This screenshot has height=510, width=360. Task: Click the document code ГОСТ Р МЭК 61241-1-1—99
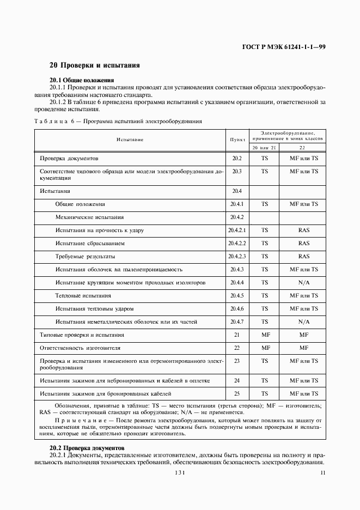pos(284,47)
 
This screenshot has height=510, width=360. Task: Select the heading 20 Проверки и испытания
pos(95,65)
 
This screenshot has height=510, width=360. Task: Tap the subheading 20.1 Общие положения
pos(82,80)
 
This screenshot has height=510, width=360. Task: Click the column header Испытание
pos(130,139)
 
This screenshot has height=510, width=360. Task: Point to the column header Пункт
pos(237,139)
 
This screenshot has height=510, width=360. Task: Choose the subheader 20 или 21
pos(264,148)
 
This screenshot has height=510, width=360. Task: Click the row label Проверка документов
pos(69,159)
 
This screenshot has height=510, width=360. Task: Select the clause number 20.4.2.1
pos(237,230)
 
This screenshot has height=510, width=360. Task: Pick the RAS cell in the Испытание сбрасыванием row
pos(304,244)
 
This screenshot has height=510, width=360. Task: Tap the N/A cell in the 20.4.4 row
pos(304,283)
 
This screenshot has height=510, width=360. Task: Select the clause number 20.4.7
pos(237,322)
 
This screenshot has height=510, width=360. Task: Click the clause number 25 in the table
pos(237,393)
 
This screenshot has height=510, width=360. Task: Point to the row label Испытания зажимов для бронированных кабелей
pos(106,393)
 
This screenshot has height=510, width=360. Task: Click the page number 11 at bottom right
pos(323,473)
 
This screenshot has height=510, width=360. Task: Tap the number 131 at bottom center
pos(180,473)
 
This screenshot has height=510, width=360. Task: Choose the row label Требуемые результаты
pos(85,257)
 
